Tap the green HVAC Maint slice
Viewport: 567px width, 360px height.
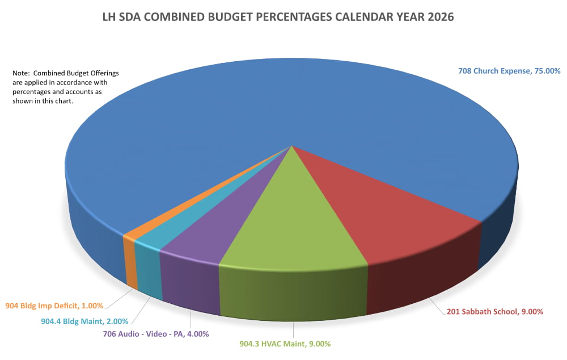(295, 227)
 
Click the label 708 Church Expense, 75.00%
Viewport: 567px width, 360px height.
(509, 71)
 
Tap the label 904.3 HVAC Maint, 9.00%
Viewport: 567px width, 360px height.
(293, 344)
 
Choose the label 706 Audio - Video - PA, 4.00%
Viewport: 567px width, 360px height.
(156, 334)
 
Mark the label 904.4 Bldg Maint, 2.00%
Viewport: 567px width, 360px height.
(84, 320)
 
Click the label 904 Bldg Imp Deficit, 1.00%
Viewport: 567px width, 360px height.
(54, 306)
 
